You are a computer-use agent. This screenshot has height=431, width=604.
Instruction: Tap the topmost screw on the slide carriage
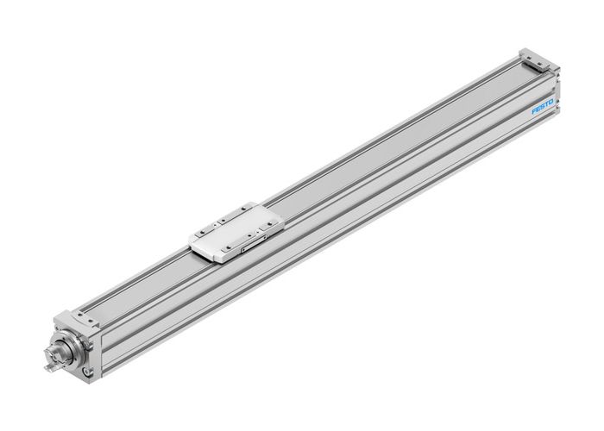[244, 208]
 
